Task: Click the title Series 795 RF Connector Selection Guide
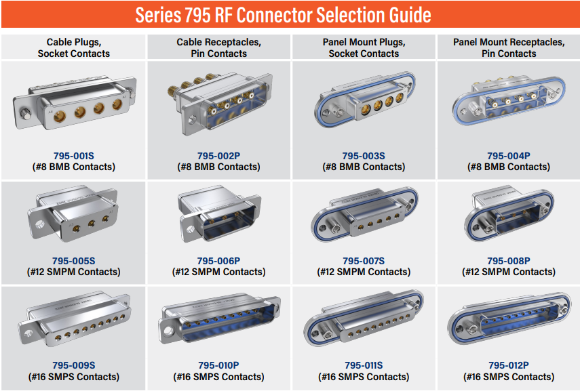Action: [283, 14]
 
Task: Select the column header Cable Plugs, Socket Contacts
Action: [73, 47]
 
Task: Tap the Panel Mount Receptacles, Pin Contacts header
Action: [508, 47]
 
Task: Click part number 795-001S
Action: [74, 155]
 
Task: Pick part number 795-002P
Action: [218, 155]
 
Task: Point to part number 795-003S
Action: [364, 155]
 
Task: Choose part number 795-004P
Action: [508, 155]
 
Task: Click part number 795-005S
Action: [74, 260]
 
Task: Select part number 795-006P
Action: [218, 260]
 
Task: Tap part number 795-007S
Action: [364, 260]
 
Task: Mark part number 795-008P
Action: [508, 260]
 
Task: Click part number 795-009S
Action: [74, 365]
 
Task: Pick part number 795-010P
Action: [218, 365]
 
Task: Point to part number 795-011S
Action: [364, 365]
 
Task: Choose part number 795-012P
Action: [508, 365]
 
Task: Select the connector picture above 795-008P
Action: [508, 215]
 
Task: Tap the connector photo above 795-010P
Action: [218, 321]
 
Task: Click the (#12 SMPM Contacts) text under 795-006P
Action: [218, 272]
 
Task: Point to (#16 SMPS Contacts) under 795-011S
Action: [364, 377]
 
